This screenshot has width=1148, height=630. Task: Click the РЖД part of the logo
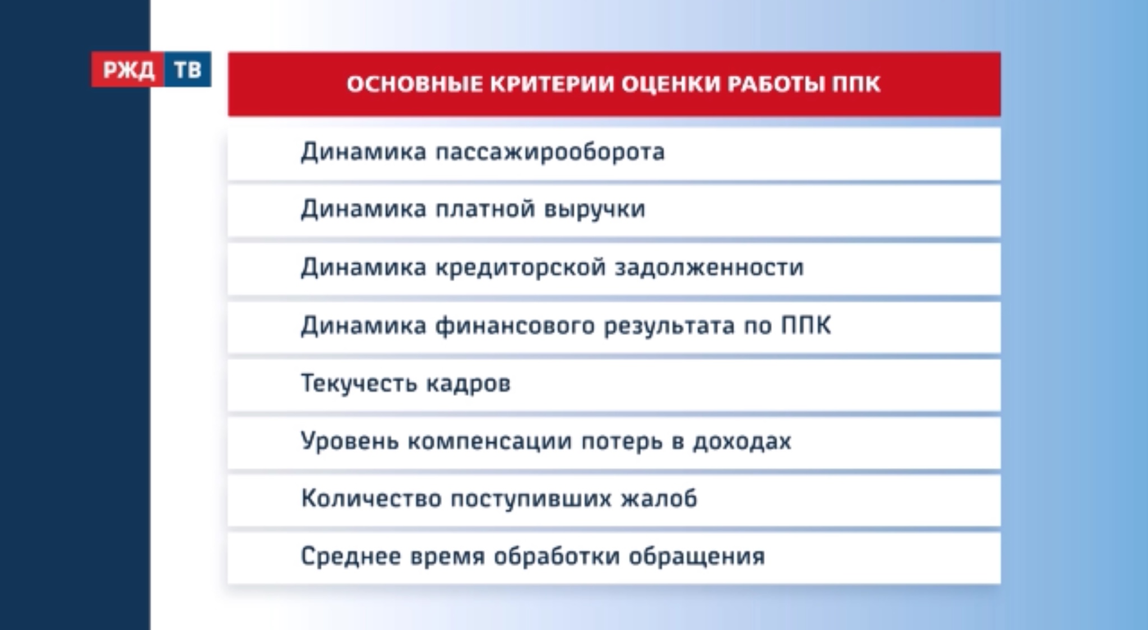[x=128, y=70]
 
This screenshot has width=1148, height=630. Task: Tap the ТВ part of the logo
[x=188, y=70]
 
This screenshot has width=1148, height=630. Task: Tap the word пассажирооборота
[x=550, y=152]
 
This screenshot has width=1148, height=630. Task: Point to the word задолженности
[x=709, y=268]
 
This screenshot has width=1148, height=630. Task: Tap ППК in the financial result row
[x=806, y=325]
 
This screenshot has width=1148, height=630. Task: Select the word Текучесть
[x=359, y=384]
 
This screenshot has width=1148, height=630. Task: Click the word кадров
[x=469, y=384]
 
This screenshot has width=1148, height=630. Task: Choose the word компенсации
[x=490, y=441]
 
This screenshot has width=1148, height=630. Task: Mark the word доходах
[x=742, y=441]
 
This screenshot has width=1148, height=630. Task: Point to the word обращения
[x=696, y=557]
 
